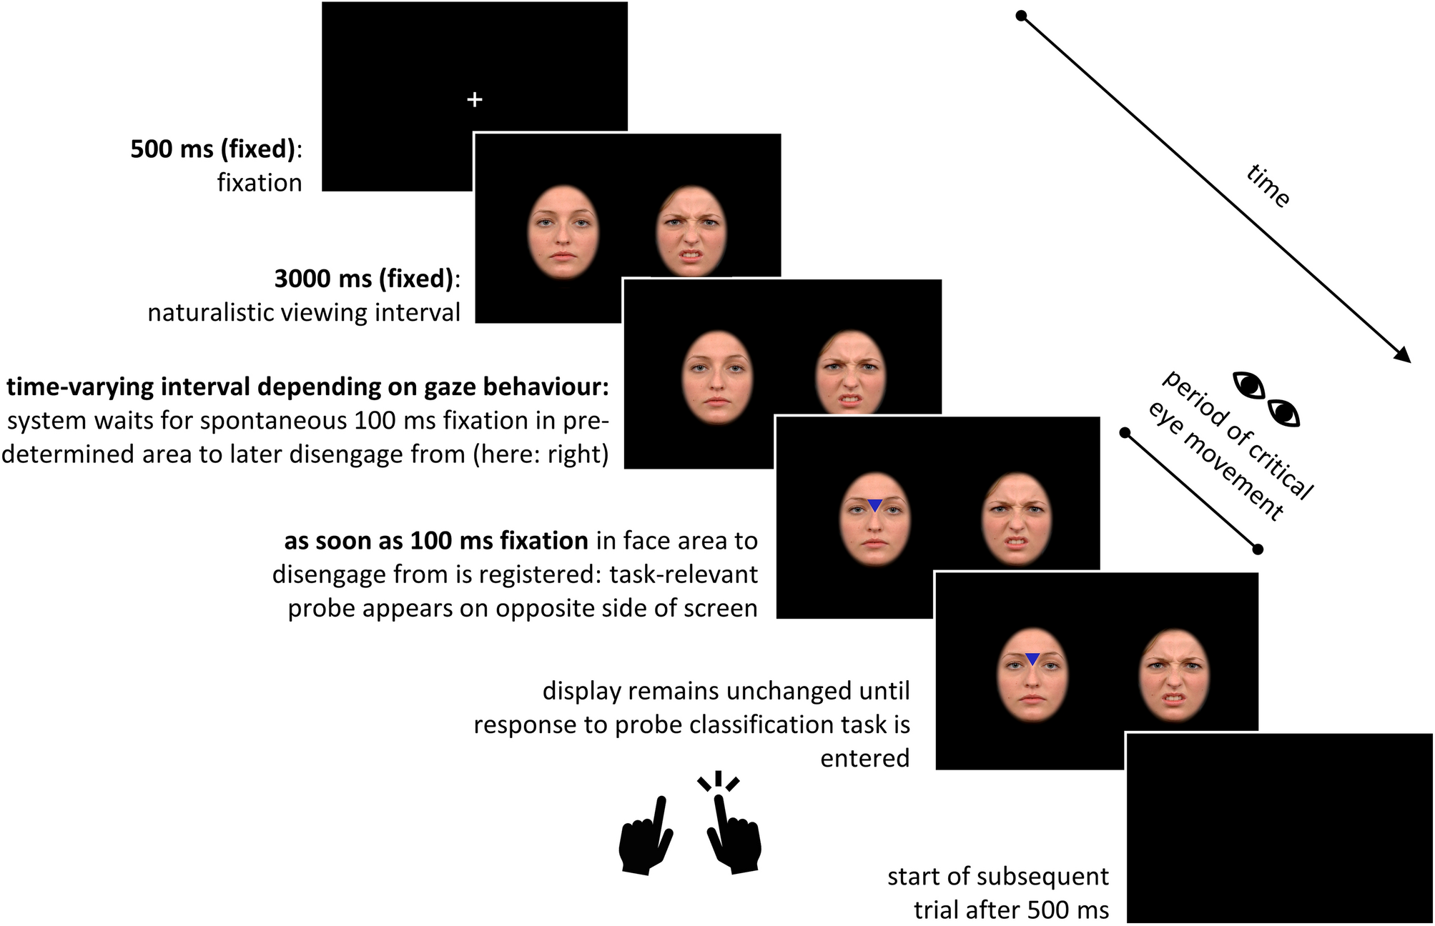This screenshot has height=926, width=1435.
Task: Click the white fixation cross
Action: pos(474,99)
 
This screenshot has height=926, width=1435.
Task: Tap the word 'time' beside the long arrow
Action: pos(1268,186)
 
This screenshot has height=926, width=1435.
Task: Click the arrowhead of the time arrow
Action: pos(1404,355)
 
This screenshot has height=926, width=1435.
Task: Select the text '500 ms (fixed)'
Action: pos(212,149)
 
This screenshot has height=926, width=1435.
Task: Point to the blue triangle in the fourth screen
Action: pos(874,505)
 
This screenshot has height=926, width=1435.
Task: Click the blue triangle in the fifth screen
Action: pos(1032,659)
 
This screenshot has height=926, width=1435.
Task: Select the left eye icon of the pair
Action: pos(1250,385)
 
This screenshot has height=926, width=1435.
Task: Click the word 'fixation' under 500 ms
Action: pos(260,183)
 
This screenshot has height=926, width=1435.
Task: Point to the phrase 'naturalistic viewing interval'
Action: pos(304,313)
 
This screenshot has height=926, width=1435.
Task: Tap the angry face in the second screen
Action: pos(691,231)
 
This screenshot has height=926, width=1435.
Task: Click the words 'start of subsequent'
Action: pos(998,877)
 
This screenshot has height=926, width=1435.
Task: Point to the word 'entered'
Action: pos(864,758)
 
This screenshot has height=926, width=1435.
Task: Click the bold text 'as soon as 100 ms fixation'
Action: pos(436,541)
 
